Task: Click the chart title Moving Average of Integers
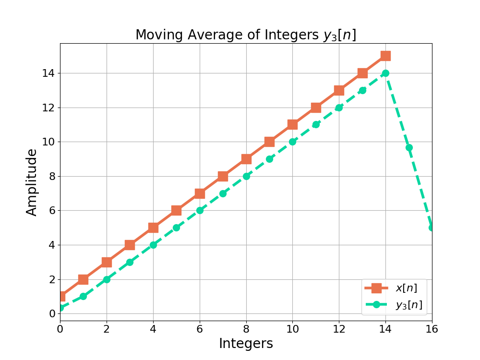(x=245, y=35)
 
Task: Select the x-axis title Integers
(x=246, y=344)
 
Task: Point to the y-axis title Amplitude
(x=32, y=182)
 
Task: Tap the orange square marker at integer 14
(x=385, y=56)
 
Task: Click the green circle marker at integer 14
(x=385, y=73)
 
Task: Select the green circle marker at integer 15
(x=409, y=147)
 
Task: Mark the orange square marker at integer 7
(x=223, y=176)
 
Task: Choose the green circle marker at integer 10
(x=292, y=142)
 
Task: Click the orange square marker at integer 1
(x=83, y=279)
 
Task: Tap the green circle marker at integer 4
(x=153, y=245)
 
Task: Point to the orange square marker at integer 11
(x=316, y=108)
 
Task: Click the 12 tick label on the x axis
(x=339, y=329)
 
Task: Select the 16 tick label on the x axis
(x=432, y=329)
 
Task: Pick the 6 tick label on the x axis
(x=200, y=329)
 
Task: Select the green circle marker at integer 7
(x=223, y=193)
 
